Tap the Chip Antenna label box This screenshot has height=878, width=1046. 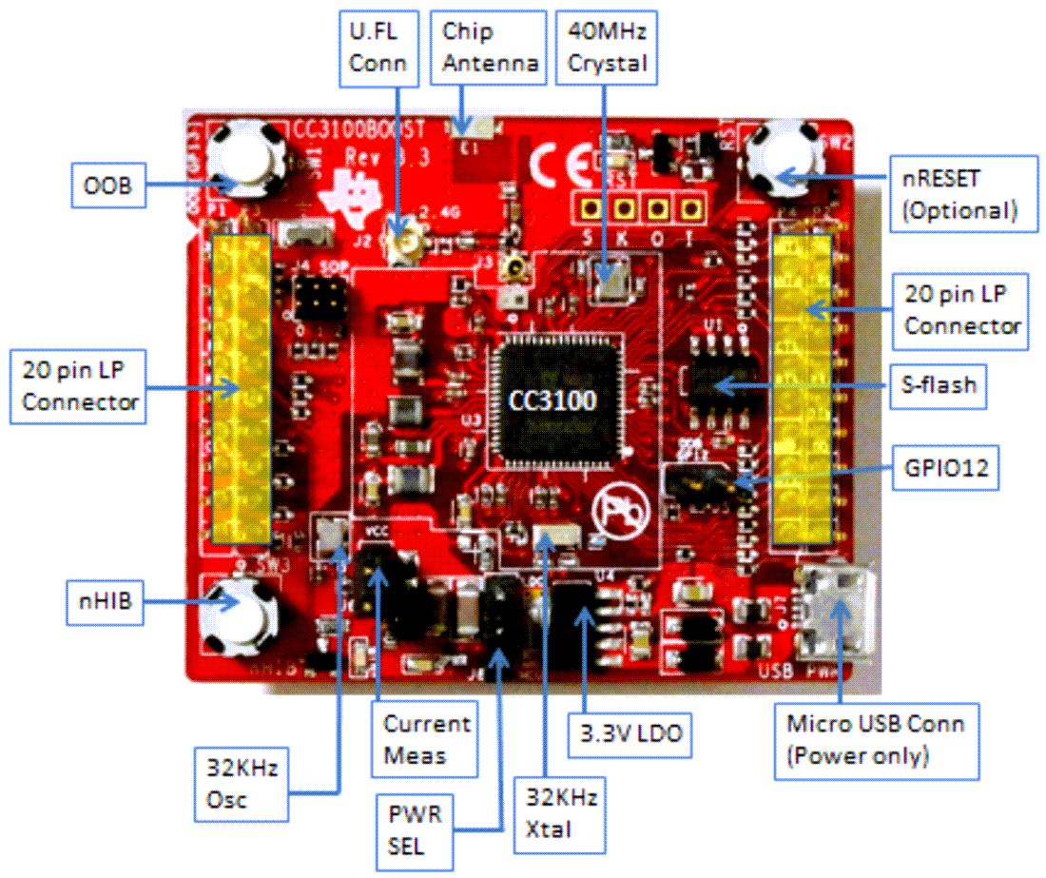(x=490, y=47)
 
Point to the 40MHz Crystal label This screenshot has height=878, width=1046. (x=606, y=47)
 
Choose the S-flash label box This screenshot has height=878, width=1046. (x=939, y=387)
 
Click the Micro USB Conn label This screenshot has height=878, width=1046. (x=875, y=740)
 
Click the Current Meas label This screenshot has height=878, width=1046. (x=426, y=740)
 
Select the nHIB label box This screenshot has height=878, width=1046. (x=107, y=601)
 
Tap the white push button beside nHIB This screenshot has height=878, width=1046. (x=239, y=613)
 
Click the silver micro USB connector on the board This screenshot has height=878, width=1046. (x=837, y=623)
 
